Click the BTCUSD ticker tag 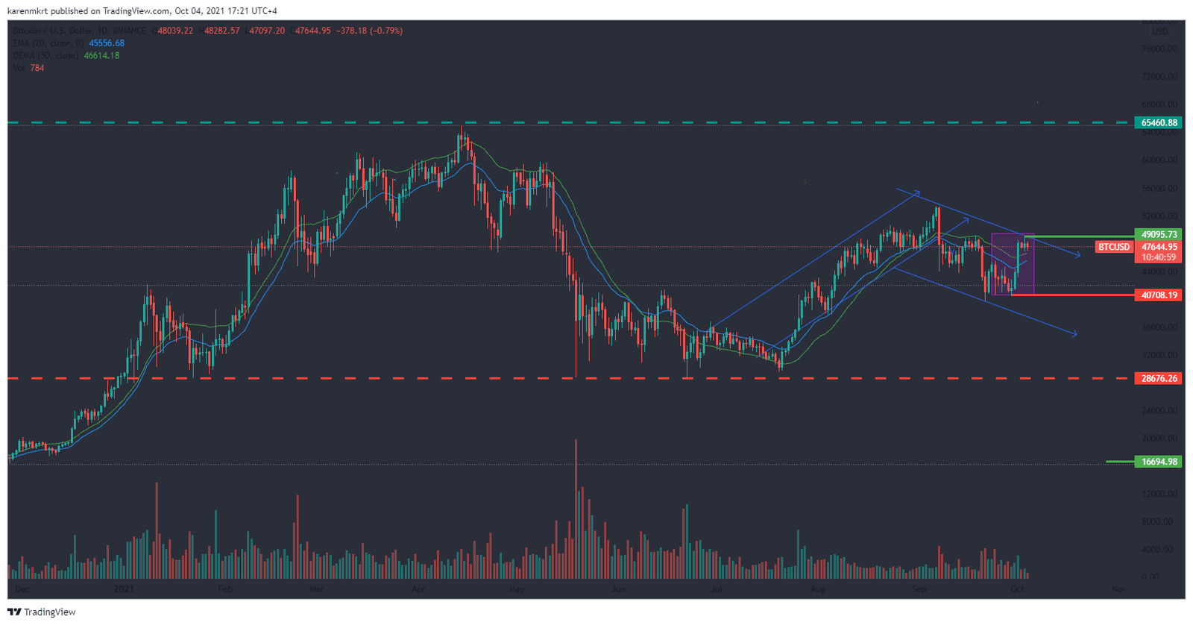[x=1113, y=247]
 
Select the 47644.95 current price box [x=1159, y=247]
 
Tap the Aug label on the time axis [x=817, y=589]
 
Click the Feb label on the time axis [x=224, y=589]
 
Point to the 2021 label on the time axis [x=124, y=589]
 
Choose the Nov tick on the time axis [x=1118, y=589]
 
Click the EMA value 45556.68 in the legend [x=107, y=43]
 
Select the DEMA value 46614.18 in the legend [x=101, y=56]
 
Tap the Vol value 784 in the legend [x=37, y=68]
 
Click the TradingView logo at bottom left [x=42, y=612]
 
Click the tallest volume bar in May [x=576, y=507]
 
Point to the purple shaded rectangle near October [x=1012, y=265]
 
